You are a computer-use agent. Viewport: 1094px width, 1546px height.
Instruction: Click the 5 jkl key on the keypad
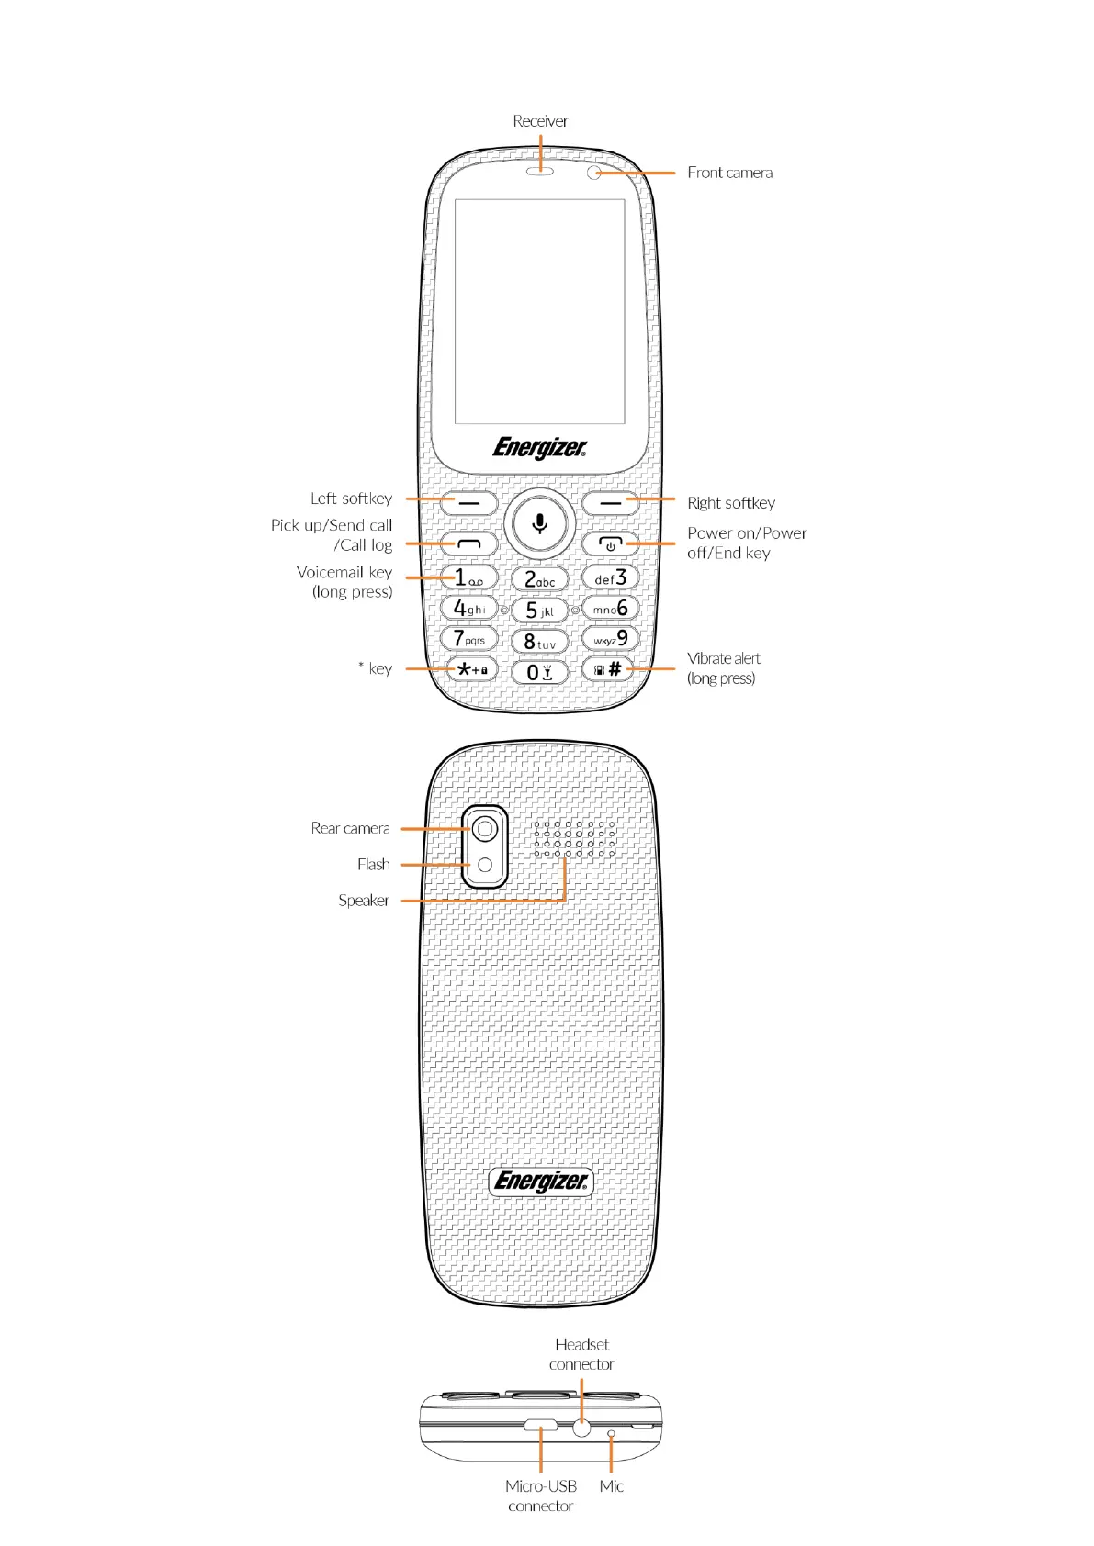[x=539, y=611]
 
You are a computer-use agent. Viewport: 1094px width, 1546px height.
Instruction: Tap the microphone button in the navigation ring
[x=540, y=523]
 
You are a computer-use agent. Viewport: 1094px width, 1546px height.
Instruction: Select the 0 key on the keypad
[x=539, y=672]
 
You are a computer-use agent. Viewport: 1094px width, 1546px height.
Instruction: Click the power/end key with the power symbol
[x=610, y=544]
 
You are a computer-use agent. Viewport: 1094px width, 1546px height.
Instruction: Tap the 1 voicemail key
[x=469, y=577]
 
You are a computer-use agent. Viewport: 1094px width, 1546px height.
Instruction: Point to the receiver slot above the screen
[x=540, y=172]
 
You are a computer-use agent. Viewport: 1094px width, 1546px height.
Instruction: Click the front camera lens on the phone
[x=593, y=173]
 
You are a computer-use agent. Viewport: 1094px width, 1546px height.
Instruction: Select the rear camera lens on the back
[x=484, y=829]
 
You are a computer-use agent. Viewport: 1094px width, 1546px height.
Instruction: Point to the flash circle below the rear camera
[x=484, y=865]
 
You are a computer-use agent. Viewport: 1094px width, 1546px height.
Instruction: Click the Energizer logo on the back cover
[x=540, y=1181]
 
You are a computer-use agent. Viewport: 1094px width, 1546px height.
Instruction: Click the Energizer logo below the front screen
[x=539, y=447]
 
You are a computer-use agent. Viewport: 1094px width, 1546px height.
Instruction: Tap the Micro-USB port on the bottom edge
[x=541, y=1426]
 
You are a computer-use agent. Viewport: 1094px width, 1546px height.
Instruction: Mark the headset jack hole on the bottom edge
[x=581, y=1428]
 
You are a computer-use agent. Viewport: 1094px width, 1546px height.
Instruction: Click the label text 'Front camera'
[x=729, y=173]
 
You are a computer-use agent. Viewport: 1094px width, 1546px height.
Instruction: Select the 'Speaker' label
[x=364, y=901]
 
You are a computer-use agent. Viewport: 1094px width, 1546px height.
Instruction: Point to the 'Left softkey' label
[x=351, y=499]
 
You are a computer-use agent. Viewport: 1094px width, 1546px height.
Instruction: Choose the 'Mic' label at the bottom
[x=611, y=1486]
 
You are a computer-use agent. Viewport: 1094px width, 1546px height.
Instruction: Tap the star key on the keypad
[x=470, y=669]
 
